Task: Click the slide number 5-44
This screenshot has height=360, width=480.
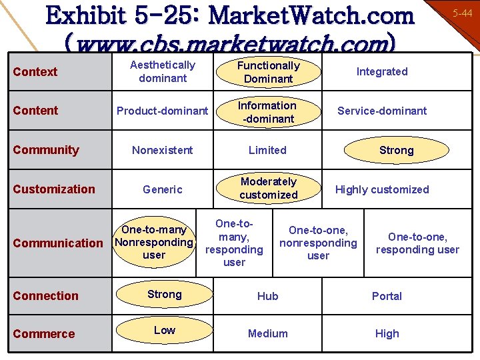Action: pos(461,13)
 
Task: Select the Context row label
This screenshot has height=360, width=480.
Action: pos(35,71)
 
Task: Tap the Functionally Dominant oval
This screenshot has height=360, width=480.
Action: pos(268,72)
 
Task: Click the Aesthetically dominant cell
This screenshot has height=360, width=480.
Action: pos(163,71)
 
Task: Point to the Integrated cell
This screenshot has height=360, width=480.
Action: pos(382,71)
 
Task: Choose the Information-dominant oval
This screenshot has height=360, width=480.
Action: pos(267,112)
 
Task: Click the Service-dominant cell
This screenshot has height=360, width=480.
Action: pos(382,111)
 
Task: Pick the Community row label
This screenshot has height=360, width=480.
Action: pos(46,150)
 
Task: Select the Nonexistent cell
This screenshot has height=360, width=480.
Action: pos(163,150)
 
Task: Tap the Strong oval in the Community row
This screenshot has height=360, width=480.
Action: pos(396,150)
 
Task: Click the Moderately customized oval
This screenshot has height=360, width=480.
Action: pos(268,188)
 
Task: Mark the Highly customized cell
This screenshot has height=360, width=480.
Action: pos(382,189)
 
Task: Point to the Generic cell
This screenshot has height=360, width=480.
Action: pos(163,189)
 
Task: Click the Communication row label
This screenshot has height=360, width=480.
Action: pos(58,243)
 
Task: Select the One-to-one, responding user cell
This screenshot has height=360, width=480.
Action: pos(417,243)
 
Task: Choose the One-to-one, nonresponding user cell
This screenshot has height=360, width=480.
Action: pos(318,243)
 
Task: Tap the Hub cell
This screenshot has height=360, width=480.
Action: pos(268,296)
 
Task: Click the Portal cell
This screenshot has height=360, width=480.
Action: pos(387,296)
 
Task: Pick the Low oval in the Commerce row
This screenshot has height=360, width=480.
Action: pos(165,331)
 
